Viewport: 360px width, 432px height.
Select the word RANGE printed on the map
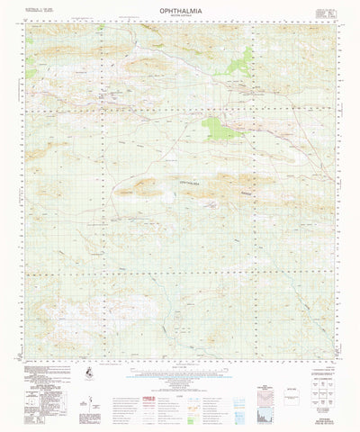[235, 192]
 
